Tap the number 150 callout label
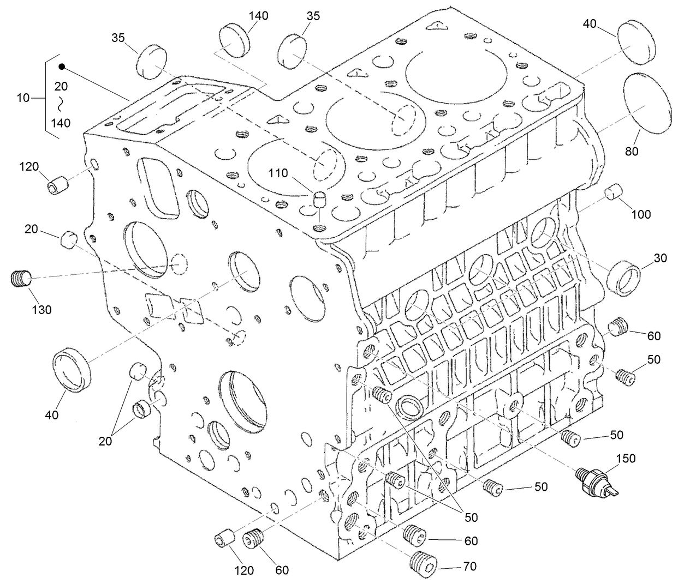click(626, 459)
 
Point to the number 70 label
click(469, 567)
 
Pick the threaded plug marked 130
click(22, 279)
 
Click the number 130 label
click(41, 310)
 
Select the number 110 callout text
click(278, 174)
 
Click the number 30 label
click(660, 258)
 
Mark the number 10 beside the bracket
click(23, 98)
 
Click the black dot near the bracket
click(62, 67)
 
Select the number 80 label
click(632, 152)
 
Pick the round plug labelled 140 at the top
click(234, 39)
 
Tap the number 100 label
click(641, 214)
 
